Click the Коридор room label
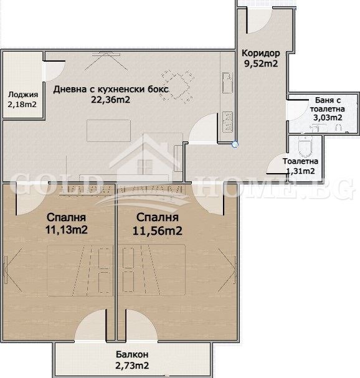261,53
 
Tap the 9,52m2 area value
261,64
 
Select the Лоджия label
23,95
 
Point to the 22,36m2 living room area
110,100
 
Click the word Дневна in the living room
70,90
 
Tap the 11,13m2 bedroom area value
66,230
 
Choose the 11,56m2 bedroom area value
157,230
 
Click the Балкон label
132,354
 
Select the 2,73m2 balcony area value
132,366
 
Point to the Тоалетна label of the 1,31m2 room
300,161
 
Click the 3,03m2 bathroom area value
328,118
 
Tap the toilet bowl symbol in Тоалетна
305,147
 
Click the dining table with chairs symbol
178,87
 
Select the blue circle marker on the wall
235,144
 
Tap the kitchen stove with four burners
227,122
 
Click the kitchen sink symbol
227,83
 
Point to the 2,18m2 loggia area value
22,105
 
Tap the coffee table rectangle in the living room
109,131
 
